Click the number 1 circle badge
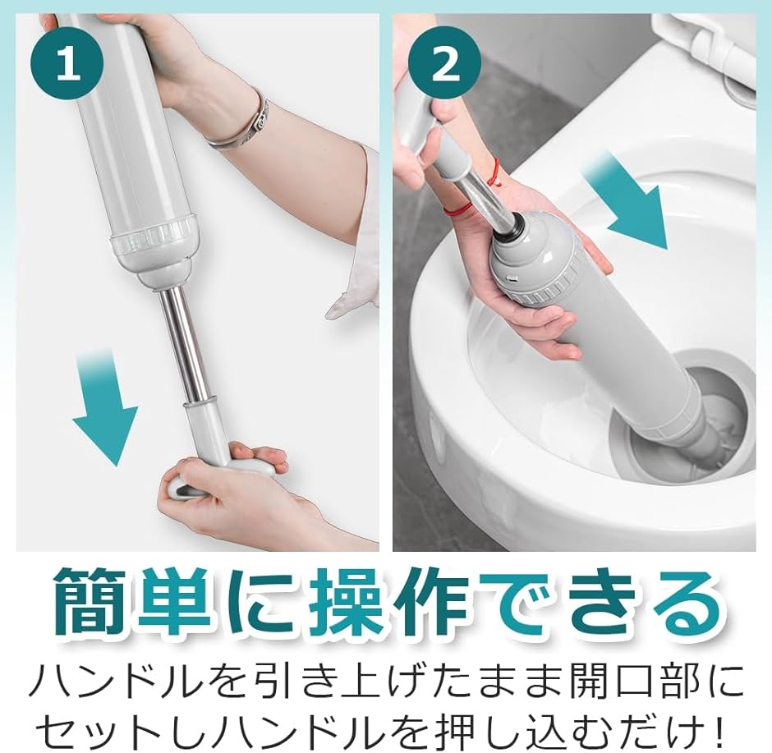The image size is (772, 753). (67, 64)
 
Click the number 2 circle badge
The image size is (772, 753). (445, 64)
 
